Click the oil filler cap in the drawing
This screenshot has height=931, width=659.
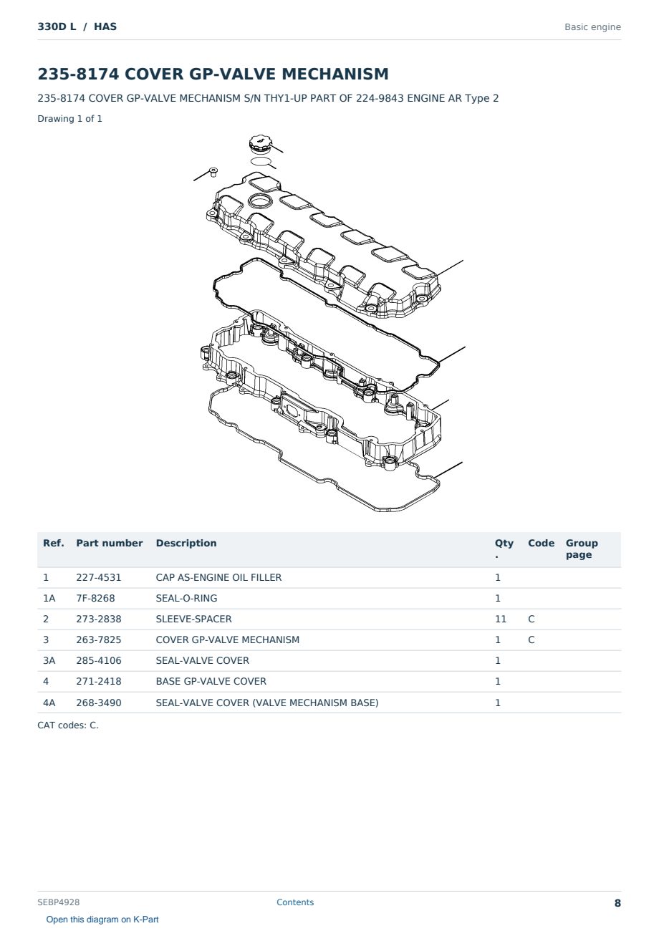(260, 143)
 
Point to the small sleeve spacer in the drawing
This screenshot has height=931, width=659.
(213, 172)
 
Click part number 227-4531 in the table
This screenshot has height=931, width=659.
(99, 577)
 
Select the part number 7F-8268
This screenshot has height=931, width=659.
(95, 598)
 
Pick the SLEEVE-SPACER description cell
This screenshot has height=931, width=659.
(193, 619)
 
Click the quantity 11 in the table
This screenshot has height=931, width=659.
(501, 619)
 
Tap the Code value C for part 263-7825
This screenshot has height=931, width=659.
(531, 640)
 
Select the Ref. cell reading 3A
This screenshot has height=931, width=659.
(49, 660)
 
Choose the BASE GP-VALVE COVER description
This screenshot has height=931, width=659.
(211, 681)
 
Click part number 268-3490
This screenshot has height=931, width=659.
(99, 703)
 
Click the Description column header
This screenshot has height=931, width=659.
(186, 544)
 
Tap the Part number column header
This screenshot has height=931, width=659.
(110, 544)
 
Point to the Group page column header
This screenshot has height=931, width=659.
(582, 549)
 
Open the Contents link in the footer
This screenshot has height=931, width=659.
(295, 902)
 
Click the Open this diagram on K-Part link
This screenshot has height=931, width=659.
(102, 920)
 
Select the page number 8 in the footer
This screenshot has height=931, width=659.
(617, 903)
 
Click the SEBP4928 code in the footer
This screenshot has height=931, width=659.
(59, 902)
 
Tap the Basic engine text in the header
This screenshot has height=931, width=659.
(592, 27)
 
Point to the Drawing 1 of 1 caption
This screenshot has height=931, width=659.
(70, 119)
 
